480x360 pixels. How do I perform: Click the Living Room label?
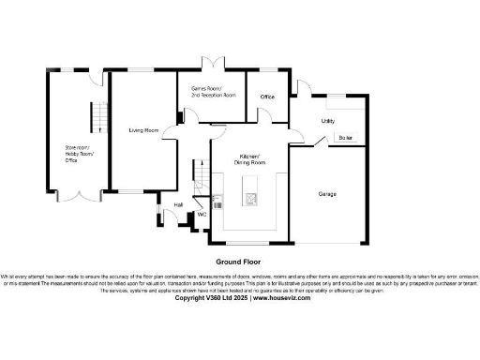click(x=142, y=130)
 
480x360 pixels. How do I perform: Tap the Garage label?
click(x=327, y=194)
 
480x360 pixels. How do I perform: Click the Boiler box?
click(x=346, y=138)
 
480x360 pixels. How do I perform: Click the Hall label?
click(x=178, y=203)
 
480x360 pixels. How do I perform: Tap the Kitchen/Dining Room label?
click(x=248, y=158)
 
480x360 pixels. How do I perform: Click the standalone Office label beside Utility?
click(x=267, y=97)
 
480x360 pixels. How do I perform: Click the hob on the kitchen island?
click(x=251, y=197)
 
